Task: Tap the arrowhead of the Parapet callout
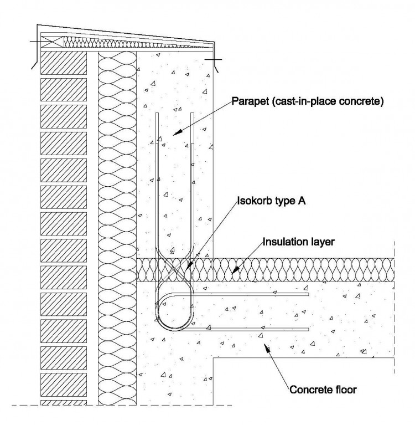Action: click(x=173, y=133)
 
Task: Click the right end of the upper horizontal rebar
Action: click(x=307, y=294)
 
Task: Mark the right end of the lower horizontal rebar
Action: click(x=307, y=329)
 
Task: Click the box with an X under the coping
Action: click(x=53, y=42)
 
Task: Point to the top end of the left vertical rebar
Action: click(x=157, y=115)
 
